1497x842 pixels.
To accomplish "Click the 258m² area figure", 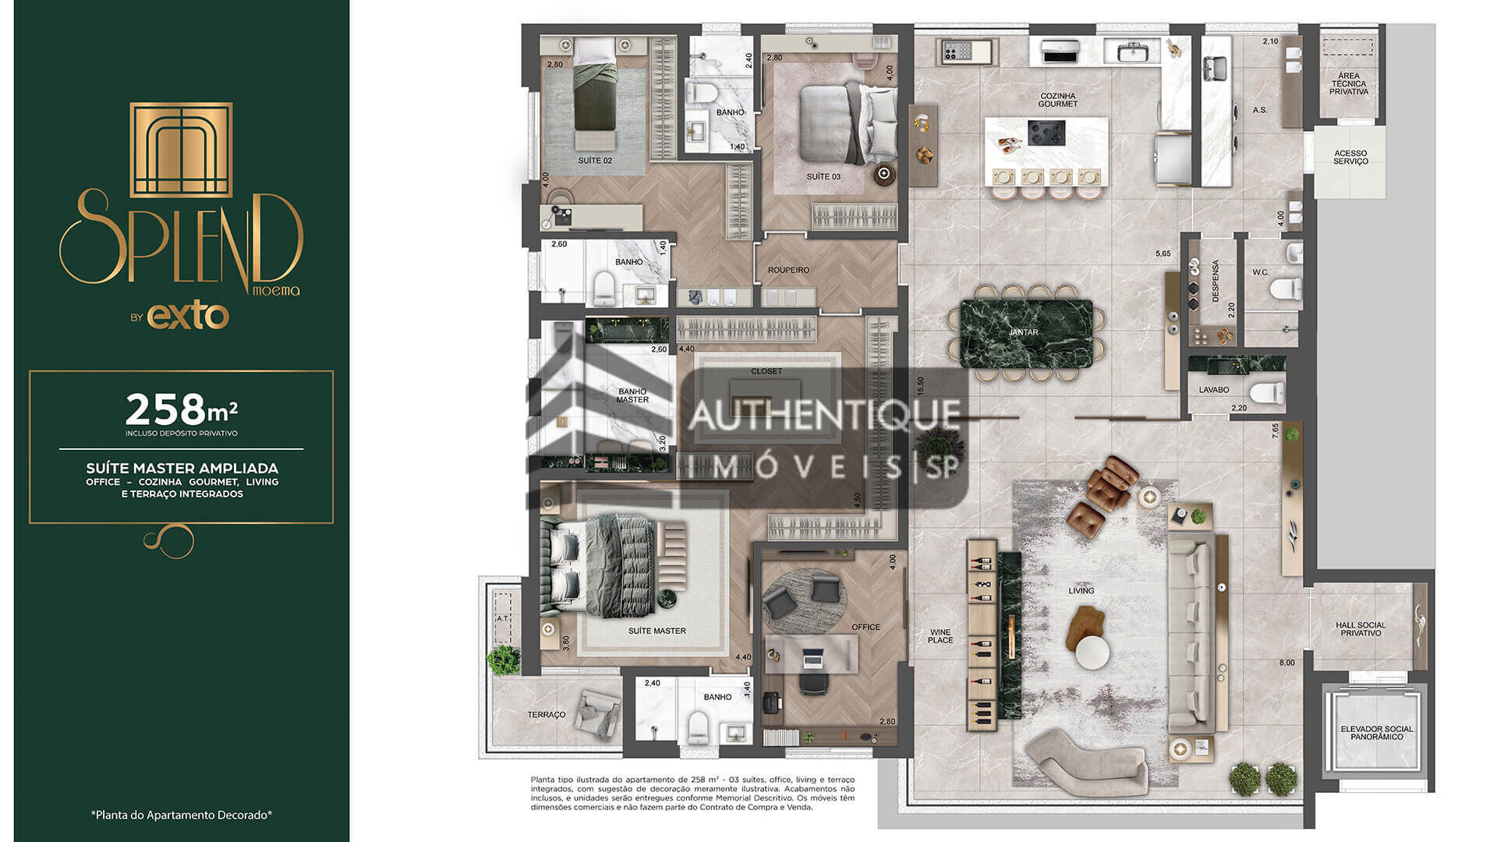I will tap(181, 409).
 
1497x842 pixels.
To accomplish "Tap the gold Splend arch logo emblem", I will tap(181, 149).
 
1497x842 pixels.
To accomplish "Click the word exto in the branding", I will tap(188, 316).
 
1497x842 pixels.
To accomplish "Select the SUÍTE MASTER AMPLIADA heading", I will tap(182, 469).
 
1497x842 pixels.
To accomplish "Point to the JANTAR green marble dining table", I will tap(1023, 333).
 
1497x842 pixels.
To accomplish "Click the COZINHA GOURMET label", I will tap(1057, 100).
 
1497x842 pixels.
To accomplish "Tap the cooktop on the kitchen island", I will tap(1046, 133).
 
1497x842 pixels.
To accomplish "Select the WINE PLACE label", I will tap(940, 636).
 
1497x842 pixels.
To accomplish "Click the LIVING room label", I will tap(1081, 591).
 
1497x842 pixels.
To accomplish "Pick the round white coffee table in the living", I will tap(1092, 653).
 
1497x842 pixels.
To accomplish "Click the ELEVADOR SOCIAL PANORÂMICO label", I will tap(1376, 733).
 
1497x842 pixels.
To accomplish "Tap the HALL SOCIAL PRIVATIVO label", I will tap(1361, 629).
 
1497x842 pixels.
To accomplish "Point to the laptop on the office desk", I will tap(813, 659).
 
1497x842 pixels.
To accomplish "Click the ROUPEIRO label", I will tap(788, 271).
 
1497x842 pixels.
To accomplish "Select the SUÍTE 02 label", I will tap(595, 161).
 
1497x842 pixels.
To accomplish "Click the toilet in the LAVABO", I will tap(1266, 392).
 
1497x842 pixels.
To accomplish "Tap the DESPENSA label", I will tap(1215, 281).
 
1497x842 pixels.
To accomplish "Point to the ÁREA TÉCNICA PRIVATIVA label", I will tap(1349, 83).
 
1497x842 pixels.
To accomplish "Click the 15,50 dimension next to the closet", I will tap(920, 385).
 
